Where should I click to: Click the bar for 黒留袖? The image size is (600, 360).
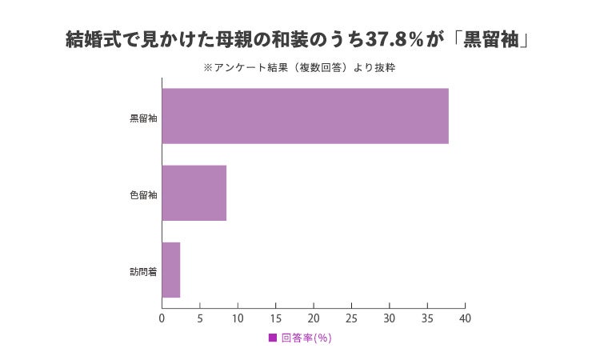306,116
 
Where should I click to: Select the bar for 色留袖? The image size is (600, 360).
194,193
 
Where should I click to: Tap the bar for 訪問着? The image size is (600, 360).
171,270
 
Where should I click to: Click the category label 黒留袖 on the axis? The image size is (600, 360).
143,118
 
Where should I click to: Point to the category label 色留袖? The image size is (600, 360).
143,195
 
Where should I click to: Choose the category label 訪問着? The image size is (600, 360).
143,272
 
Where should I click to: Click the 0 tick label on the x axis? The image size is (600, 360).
162,318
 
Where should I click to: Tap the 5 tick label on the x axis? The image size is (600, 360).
200,318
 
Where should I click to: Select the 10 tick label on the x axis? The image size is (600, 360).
238,318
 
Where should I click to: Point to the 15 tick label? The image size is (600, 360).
275,318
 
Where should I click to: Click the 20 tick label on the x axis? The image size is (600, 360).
314,318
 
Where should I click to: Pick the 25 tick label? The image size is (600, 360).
351,318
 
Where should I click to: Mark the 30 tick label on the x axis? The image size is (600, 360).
389,318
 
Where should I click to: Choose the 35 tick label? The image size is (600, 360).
427,318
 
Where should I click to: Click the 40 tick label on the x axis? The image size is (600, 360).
465,318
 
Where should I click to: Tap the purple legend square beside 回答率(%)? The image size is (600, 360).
273,338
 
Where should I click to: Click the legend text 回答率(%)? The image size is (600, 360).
306,338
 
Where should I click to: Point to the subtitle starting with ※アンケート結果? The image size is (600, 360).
299,68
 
